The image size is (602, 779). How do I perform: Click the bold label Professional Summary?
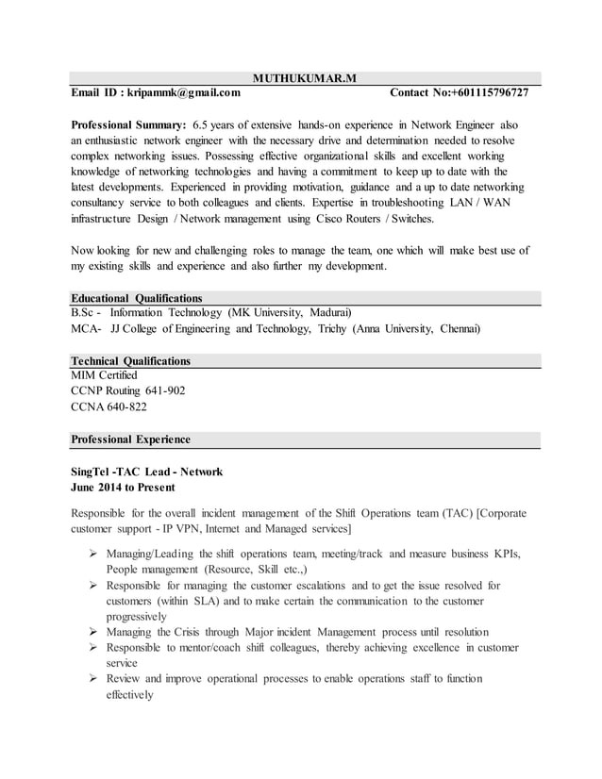128,124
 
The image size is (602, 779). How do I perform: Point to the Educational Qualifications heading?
137,298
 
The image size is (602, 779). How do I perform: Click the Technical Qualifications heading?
131,361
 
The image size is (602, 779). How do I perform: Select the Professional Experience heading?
131,439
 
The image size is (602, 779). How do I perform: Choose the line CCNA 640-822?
109,407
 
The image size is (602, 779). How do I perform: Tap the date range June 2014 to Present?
123,488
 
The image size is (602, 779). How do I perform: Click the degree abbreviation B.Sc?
86,313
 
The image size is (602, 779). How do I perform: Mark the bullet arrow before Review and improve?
93,679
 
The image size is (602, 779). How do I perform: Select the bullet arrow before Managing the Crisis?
93,632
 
